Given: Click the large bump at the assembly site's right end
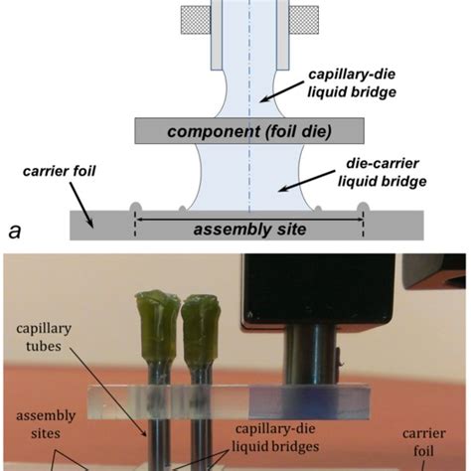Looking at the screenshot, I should (362, 208).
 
